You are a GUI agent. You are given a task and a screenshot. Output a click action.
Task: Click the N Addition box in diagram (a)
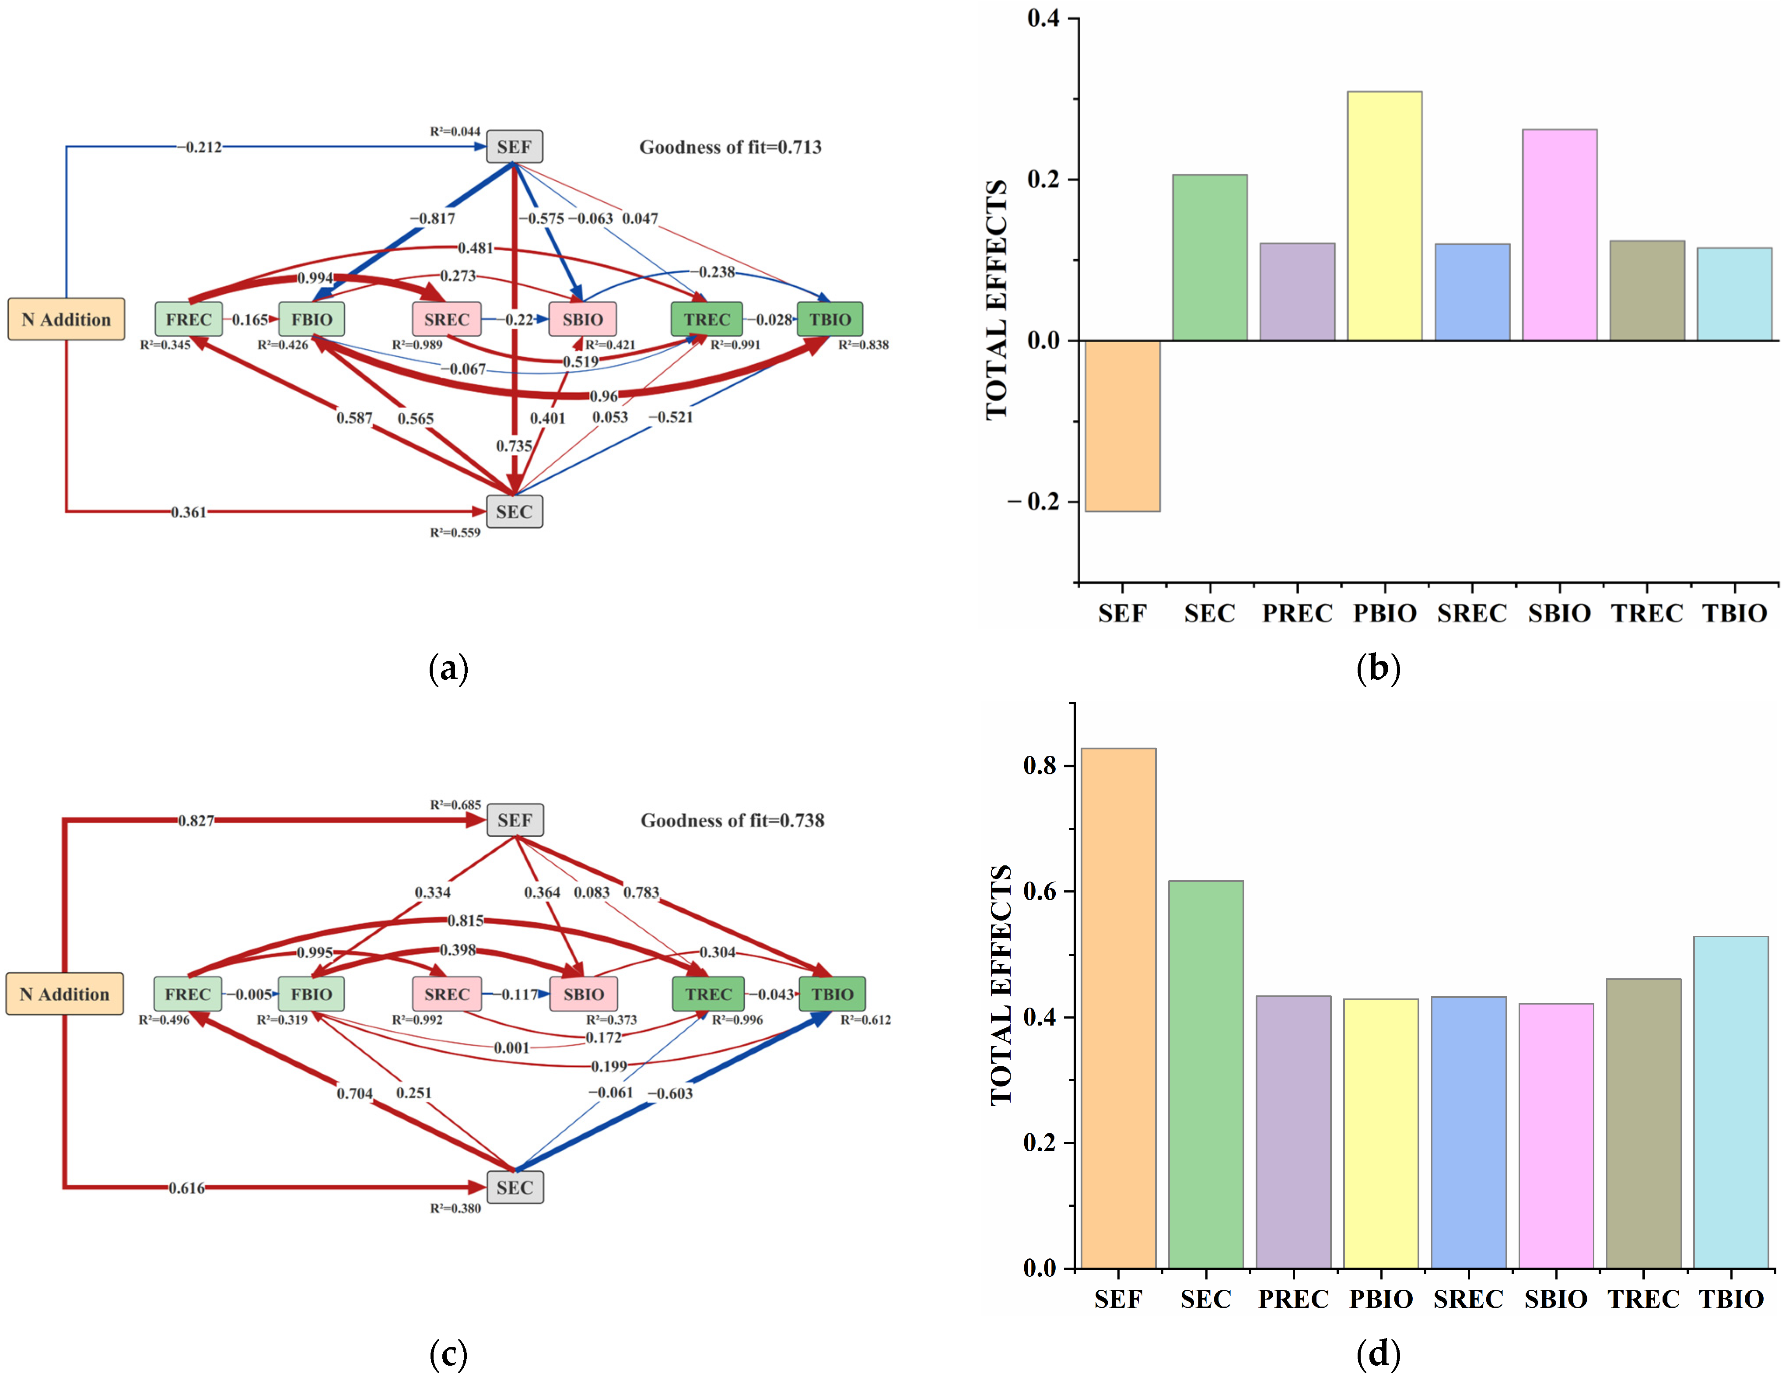[x=67, y=319]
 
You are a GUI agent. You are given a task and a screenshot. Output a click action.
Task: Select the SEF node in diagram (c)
[x=515, y=819]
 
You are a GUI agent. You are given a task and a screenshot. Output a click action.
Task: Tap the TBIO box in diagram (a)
[x=830, y=319]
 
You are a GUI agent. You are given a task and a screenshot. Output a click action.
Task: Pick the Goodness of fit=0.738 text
[x=732, y=820]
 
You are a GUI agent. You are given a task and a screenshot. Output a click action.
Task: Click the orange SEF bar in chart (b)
[x=1122, y=425]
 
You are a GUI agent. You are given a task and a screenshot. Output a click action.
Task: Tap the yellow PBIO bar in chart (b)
[x=1384, y=215]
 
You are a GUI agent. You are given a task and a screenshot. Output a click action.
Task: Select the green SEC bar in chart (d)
[x=1206, y=1074]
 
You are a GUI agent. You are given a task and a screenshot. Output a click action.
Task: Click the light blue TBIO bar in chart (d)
[x=1731, y=1102]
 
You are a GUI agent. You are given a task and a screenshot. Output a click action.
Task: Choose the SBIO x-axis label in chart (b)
[x=1559, y=613]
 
